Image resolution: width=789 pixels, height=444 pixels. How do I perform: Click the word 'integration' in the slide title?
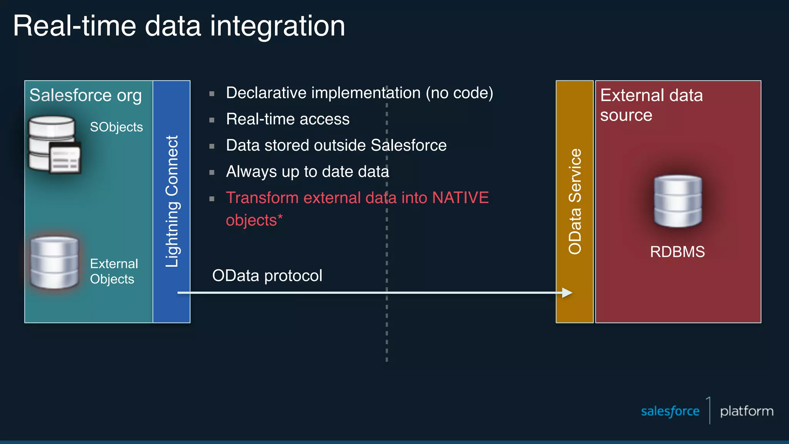(277, 26)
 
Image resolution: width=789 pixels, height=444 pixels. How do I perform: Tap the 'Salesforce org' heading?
(86, 95)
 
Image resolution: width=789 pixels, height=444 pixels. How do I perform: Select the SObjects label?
(116, 127)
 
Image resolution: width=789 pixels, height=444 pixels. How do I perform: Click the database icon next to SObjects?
(54, 145)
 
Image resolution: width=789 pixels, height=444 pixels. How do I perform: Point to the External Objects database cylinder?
(54, 263)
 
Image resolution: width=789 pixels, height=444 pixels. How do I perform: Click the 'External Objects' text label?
(114, 271)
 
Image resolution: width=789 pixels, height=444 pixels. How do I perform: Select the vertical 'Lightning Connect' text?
(172, 201)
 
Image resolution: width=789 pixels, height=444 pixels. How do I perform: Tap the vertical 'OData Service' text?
(575, 201)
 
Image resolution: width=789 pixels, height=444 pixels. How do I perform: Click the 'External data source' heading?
(651, 105)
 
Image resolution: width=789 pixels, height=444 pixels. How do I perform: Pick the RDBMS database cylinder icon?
(678, 201)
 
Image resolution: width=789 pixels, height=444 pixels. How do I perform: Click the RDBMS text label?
(677, 252)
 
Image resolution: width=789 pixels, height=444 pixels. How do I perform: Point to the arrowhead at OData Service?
(567, 293)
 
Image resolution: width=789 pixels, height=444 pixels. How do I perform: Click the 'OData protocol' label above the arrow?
(267, 276)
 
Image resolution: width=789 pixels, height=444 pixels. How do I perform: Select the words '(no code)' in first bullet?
(459, 93)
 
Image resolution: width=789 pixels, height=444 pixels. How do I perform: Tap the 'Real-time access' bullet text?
(288, 119)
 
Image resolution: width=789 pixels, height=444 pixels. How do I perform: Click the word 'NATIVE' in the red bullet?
(460, 198)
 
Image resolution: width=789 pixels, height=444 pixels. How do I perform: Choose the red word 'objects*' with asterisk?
(254, 220)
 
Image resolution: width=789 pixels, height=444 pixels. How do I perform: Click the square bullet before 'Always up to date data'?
(212, 172)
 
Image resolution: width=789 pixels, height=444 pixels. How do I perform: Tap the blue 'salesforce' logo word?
(670, 411)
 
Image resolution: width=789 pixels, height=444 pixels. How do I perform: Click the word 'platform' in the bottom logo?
(747, 411)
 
